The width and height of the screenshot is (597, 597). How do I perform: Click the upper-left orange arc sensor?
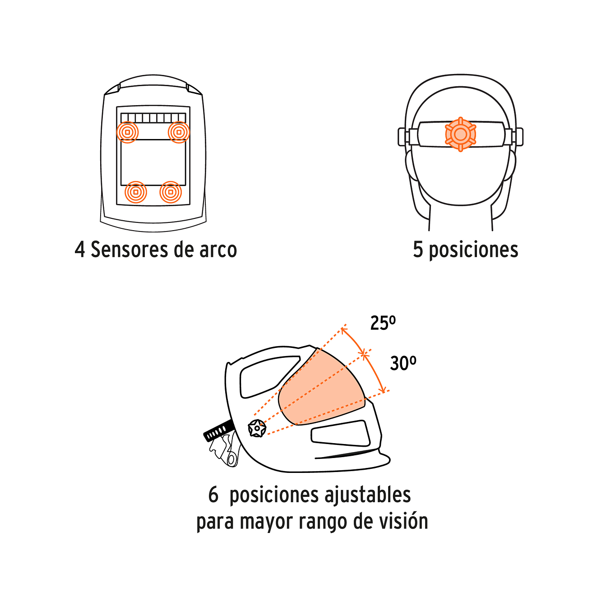click(127, 132)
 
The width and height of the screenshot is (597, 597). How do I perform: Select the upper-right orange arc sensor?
click(179, 132)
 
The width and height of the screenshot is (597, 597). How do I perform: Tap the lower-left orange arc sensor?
click(136, 192)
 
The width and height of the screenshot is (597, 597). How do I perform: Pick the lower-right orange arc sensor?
click(171, 192)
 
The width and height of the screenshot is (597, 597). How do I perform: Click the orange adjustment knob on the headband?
click(460, 134)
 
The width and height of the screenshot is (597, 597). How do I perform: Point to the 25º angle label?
click(383, 323)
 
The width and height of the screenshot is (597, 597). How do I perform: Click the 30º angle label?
click(403, 363)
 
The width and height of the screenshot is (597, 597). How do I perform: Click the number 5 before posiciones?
click(418, 250)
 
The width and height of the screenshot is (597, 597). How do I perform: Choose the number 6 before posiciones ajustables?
click(213, 495)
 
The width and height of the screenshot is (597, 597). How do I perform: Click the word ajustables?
click(367, 495)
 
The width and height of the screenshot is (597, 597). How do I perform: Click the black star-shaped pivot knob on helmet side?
click(257, 428)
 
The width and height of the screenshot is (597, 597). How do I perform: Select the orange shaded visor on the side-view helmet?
click(320, 388)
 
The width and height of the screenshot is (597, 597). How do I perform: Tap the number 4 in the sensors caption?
click(80, 250)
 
